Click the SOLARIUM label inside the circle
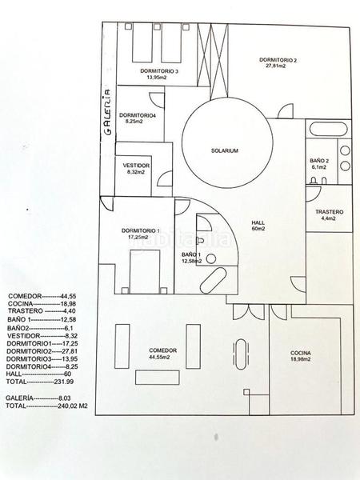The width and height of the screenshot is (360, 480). coord(225,150)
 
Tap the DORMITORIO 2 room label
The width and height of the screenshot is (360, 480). coord(278,60)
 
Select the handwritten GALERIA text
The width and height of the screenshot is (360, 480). coord(108,112)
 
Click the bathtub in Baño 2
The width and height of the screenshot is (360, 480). coord(328,129)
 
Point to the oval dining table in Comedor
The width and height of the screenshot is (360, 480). coord(241,354)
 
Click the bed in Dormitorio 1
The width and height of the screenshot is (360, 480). coord(145,272)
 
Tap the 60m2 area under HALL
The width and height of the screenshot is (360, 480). coord(258,229)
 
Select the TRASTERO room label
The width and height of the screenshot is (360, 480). coord(330,212)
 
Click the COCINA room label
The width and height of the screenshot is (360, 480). coord(301,353)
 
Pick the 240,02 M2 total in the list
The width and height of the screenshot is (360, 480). coord(73,406)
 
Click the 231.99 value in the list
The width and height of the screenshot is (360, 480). coord(64,382)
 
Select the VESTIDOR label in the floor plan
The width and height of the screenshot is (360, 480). coord(136,166)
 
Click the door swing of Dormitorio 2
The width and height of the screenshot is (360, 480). coord(286,111)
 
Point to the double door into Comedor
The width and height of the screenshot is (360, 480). coord(249,312)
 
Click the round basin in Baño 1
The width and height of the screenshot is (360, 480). coord(211,259)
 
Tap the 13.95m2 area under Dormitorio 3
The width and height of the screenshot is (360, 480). coord(157,78)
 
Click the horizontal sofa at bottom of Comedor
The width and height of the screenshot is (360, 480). coord(158,378)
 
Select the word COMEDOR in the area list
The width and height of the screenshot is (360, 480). coord(25,296)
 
